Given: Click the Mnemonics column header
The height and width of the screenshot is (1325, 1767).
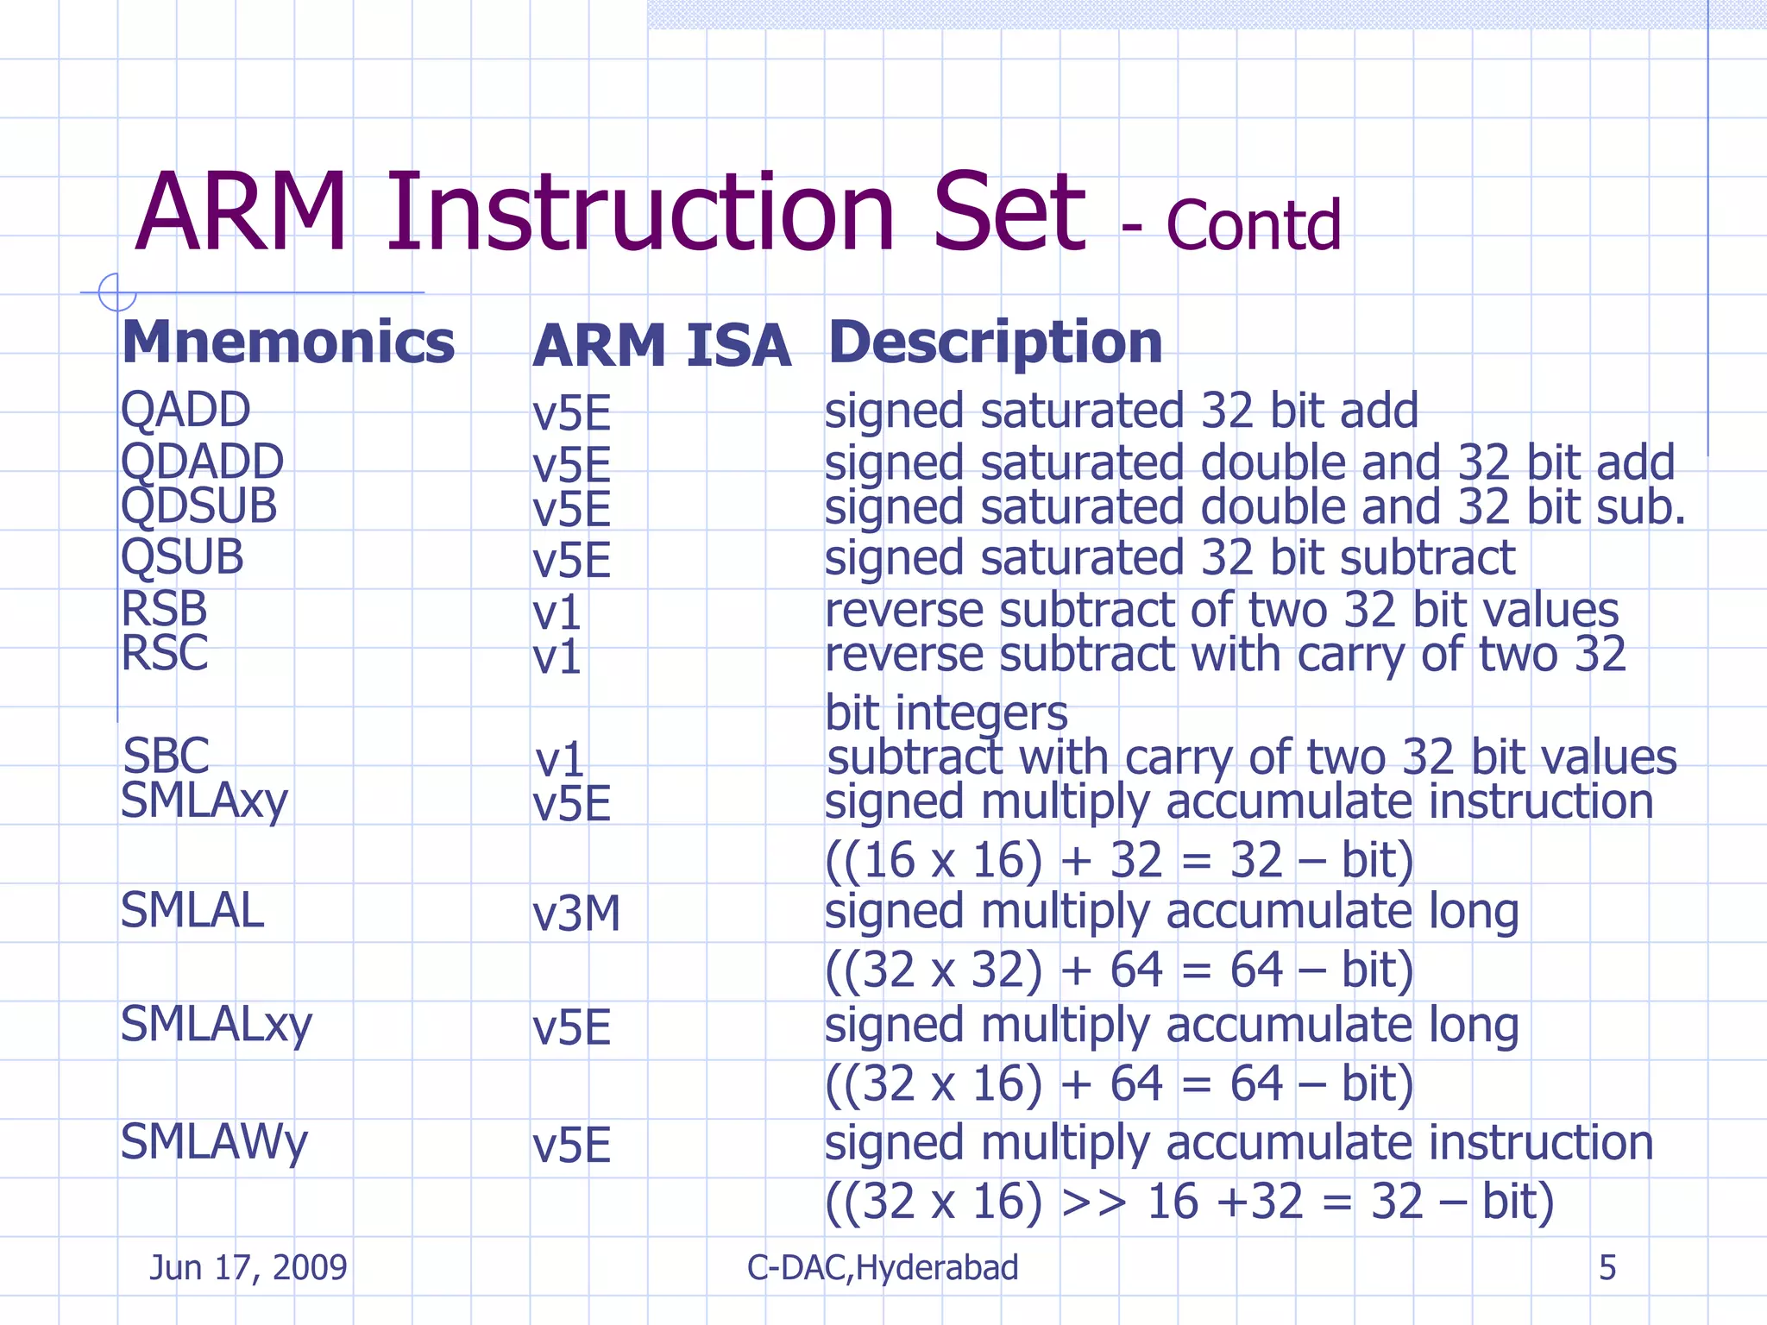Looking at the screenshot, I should (x=288, y=342).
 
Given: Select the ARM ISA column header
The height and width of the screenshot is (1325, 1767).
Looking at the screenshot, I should (x=661, y=346).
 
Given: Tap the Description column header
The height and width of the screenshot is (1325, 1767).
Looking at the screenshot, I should (x=995, y=342).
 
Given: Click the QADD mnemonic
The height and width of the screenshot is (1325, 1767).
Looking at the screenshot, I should (x=186, y=410).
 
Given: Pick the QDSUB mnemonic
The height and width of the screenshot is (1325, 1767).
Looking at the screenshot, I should (x=198, y=506).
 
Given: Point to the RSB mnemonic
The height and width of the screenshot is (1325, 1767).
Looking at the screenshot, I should (x=164, y=609).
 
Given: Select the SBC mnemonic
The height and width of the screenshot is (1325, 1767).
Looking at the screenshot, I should (x=166, y=756).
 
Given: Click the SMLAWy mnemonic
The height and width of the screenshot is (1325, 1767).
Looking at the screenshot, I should (x=213, y=1142).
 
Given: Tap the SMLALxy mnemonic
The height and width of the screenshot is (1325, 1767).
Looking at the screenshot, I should (x=216, y=1025).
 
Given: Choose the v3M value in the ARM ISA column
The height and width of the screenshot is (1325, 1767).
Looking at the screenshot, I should (x=576, y=914).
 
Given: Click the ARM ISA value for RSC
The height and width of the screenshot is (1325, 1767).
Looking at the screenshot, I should (x=557, y=657).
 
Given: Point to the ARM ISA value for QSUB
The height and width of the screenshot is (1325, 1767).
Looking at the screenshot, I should (x=571, y=561).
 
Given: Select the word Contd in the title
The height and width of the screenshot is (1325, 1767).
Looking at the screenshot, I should (x=1253, y=226).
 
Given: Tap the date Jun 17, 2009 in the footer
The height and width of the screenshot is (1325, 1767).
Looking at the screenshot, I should (x=248, y=1267).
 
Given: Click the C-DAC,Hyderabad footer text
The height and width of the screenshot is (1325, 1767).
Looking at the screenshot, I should (x=883, y=1267).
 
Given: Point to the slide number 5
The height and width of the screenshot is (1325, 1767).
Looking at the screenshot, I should (x=1607, y=1267).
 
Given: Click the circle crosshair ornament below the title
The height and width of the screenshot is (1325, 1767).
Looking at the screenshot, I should (x=116, y=292).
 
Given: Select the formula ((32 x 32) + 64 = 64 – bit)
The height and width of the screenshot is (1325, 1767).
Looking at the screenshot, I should (x=1119, y=970).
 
